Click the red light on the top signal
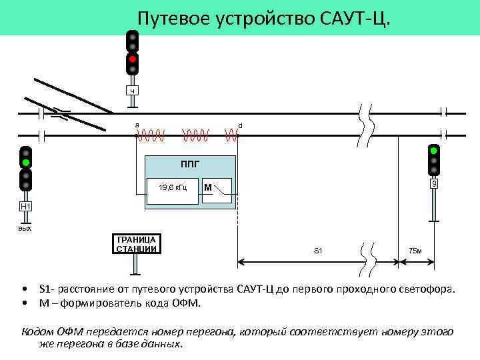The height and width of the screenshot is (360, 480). (x=133, y=59)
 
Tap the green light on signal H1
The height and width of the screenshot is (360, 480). (x=25, y=162)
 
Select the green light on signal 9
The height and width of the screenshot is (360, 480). (x=434, y=151)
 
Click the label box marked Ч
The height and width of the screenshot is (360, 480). (x=133, y=90)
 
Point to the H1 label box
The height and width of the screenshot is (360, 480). (x=25, y=207)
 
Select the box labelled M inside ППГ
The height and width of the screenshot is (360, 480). (x=217, y=188)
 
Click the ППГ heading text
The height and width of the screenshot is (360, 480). (x=190, y=163)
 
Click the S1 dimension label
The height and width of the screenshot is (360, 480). (x=317, y=251)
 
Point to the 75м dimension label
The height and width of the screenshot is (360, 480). (x=415, y=251)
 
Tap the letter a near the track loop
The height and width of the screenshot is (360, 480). (x=137, y=125)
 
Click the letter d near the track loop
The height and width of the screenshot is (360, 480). (x=240, y=125)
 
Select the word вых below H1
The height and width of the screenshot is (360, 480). (x=25, y=228)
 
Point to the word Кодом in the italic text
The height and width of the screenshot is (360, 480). (x=36, y=331)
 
